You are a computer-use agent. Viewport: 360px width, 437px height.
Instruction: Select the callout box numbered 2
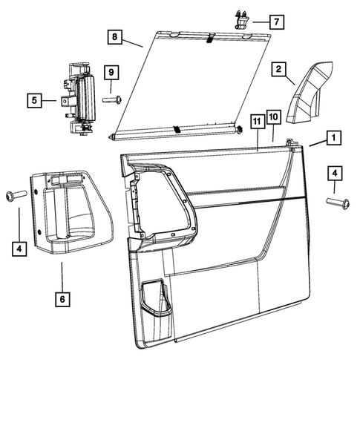point(279,70)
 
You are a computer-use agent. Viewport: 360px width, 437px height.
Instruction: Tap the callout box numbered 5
point(33,99)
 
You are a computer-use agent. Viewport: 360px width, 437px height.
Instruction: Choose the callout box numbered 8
point(115,36)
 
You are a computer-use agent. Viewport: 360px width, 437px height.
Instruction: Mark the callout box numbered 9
point(111,72)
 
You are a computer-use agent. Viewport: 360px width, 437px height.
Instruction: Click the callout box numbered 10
point(273,116)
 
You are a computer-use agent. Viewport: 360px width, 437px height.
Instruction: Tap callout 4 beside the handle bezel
point(19,249)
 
